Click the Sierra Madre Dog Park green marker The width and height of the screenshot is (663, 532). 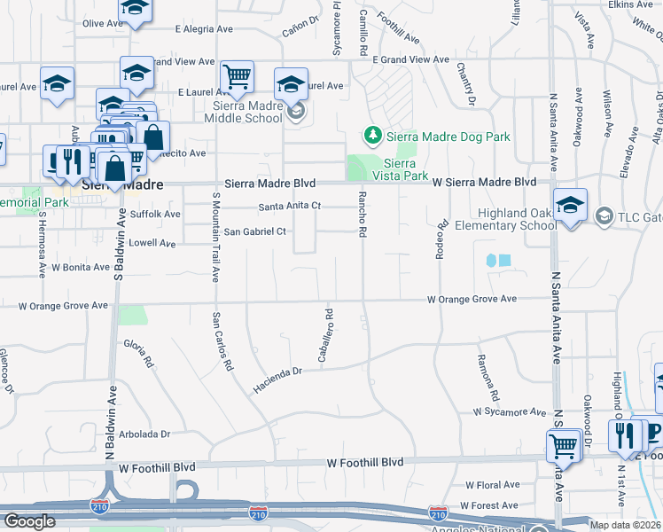[373, 136]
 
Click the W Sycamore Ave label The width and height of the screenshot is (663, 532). [510, 412]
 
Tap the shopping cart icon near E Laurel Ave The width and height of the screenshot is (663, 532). [237, 77]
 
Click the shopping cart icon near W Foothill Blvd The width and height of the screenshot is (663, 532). [564, 446]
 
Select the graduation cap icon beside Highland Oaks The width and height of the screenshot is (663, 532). [570, 204]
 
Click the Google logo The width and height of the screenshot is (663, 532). [30, 521]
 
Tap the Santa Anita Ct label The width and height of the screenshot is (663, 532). [289, 207]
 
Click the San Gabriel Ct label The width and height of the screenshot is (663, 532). [255, 231]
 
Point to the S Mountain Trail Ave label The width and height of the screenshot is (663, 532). [215, 235]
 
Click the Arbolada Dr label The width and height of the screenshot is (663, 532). [142, 434]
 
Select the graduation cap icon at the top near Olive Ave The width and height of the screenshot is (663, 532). [135, 9]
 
